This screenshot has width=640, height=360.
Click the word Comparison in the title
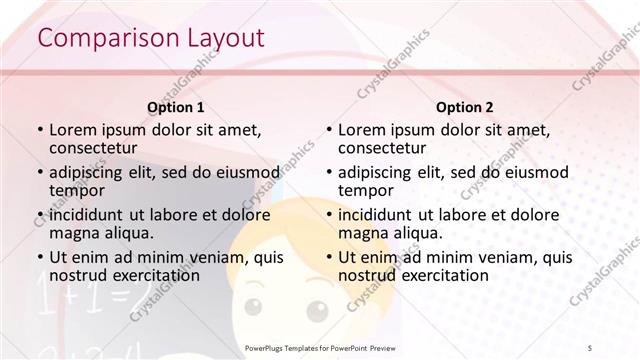[98, 39]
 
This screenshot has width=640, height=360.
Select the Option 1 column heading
[176, 108]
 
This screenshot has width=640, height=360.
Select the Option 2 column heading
[465, 108]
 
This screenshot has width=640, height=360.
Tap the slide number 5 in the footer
[590, 347]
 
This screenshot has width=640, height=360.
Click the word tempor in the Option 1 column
[77, 191]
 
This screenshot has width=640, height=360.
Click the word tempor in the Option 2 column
[366, 191]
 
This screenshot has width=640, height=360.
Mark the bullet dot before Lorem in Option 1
[39, 130]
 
